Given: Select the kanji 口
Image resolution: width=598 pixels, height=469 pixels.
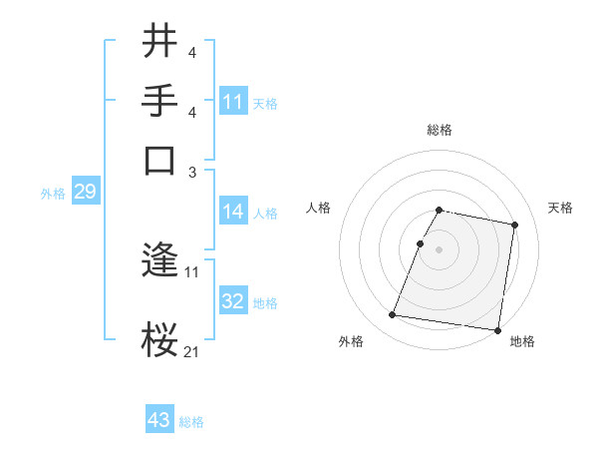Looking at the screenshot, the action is [160, 160].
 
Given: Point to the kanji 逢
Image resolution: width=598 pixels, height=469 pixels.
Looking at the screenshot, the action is [160, 262].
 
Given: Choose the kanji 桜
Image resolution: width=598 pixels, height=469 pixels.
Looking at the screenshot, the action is [160, 339].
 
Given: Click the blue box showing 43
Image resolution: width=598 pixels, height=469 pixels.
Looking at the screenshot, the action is [159, 420].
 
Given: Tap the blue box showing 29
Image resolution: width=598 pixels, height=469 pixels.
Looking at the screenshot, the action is [85, 192].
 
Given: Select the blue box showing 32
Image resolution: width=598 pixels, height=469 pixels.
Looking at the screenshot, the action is [232, 301].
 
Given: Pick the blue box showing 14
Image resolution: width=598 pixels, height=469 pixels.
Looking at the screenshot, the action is [232, 212].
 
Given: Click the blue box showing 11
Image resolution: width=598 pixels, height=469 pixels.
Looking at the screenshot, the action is [233, 102].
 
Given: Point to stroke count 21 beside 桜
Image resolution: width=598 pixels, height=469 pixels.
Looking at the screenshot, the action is [191, 351].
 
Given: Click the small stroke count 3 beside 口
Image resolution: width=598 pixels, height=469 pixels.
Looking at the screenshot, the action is [191, 172].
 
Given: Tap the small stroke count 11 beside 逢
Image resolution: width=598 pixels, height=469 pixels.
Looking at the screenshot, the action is [191, 271].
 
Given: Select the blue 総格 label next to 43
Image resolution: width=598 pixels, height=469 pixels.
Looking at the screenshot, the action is [191, 422].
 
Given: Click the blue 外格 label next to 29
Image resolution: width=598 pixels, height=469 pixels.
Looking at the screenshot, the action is [53, 194].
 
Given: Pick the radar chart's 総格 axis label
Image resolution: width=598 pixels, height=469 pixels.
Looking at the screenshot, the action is [439, 131].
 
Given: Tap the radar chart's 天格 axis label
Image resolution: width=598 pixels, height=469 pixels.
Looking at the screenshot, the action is [560, 208].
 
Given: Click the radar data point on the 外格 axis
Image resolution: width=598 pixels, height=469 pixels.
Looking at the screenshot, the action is [392, 315].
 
